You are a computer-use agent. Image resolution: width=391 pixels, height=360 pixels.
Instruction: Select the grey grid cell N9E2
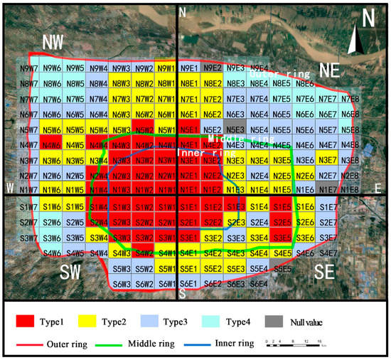pyautogui.click(x=211, y=68)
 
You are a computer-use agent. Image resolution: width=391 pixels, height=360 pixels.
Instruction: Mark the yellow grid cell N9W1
pyautogui.click(x=166, y=68)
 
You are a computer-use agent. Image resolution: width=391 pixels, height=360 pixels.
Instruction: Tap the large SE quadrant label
pyautogui.click(x=328, y=272)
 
